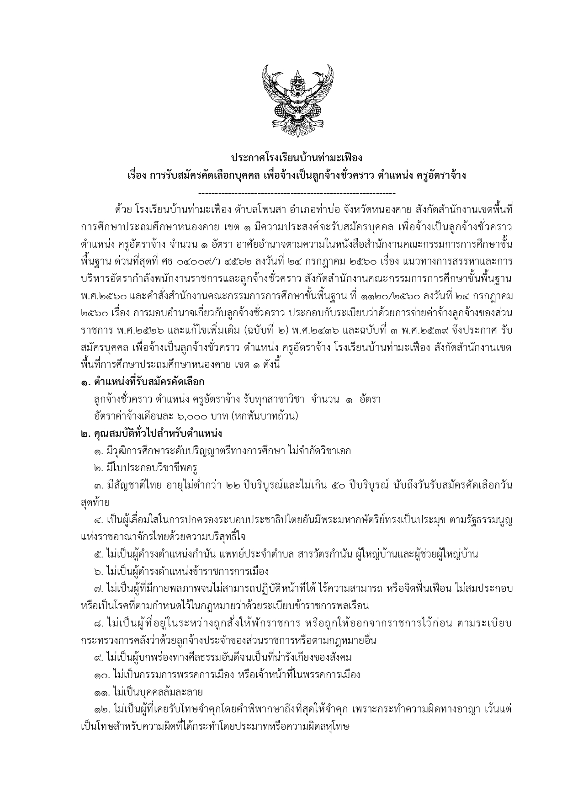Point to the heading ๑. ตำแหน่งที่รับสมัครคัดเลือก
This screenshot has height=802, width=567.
point(142,381)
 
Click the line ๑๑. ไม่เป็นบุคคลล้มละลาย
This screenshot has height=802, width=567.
point(148,692)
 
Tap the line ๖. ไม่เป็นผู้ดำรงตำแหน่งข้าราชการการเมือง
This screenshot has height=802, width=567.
point(181,571)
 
